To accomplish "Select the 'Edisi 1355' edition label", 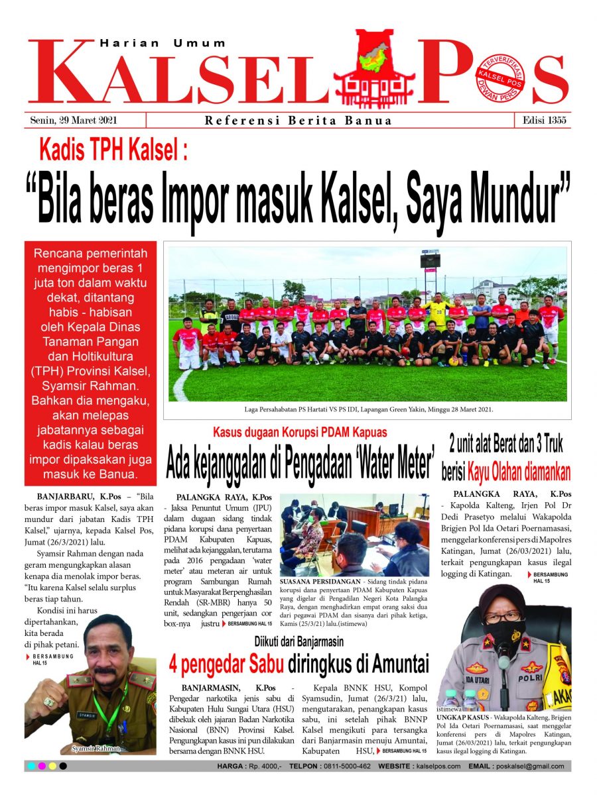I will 541,121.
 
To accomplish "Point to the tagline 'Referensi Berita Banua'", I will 298,121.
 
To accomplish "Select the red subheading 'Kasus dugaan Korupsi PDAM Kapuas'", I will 300,433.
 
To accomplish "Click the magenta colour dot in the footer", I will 42,767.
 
